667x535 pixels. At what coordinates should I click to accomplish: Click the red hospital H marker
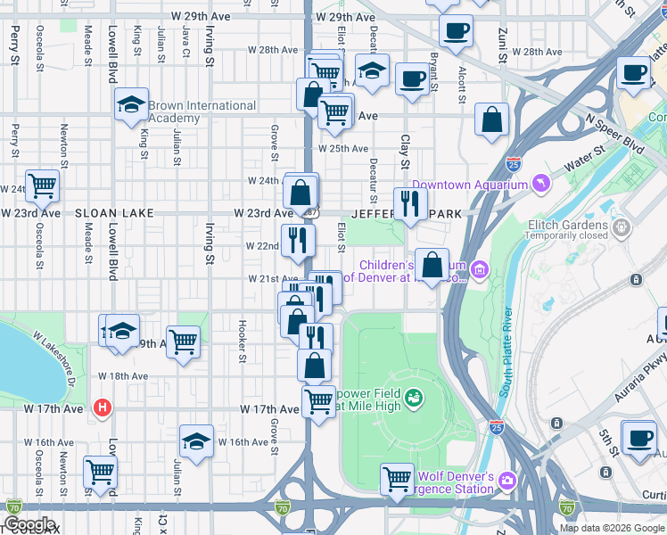(103, 408)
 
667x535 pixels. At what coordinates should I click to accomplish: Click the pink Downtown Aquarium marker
(539, 185)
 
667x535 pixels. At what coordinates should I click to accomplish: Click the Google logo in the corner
(29, 524)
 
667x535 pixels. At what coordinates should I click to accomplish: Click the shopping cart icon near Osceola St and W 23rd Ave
(42, 185)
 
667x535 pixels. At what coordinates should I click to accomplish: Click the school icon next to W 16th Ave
(197, 440)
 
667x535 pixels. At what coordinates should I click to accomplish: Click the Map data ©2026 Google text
(612, 528)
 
